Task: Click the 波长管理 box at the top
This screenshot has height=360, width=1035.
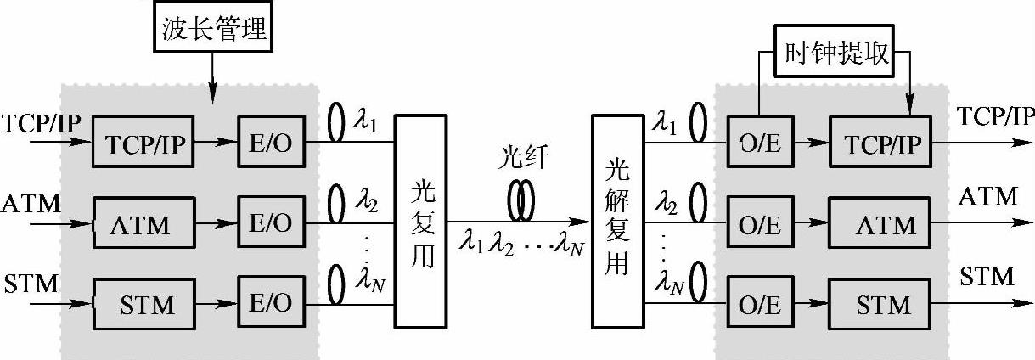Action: [x=214, y=31]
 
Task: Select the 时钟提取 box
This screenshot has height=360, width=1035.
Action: [x=835, y=55]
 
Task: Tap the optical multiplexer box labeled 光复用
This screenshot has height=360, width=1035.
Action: [x=420, y=221]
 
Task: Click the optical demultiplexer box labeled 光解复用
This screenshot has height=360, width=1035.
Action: [x=617, y=221]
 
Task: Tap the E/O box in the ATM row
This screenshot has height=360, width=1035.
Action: [x=270, y=224]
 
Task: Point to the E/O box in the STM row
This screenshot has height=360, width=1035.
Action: [x=270, y=303]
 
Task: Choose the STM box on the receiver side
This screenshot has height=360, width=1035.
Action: [x=880, y=303]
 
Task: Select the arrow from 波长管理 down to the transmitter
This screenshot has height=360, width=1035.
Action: [x=212, y=72]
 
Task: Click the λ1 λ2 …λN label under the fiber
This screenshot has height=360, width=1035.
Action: [x=521, y=246]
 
